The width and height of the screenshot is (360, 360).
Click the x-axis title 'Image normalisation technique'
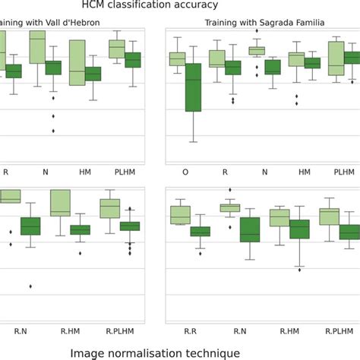pyautogui.click(x=155, y=352)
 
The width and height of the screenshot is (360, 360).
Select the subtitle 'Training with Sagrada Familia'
pyautogui.click(x=264, y=23)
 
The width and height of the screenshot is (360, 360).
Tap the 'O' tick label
pyautogui.click(x=185, y=172)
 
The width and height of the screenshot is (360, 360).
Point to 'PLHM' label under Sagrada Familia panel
pyautogui.click(x=344, y=172)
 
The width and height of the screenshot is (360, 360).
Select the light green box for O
pyautogui.click(x=177, y=58)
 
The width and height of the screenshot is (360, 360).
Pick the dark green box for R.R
pyautogui.click(x=201, y=232)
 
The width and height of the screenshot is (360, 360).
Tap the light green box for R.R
pyautogui.click(x=180, y=215)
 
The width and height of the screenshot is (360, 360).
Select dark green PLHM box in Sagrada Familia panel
pyautogui.click(x=352, y=58)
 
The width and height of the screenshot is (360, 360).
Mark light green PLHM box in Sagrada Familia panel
pyautogui.click(x=336, y=58)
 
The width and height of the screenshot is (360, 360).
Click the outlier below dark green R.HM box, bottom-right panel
pyautogui.click(x=300, y=267)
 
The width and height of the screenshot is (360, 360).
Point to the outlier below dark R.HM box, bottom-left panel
pyautogui.click(x=80, y=253)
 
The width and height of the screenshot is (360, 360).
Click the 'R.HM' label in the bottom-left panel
pyautogui.click(x=70, y=331)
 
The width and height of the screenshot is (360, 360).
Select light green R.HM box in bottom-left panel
pyautogui.click(x=60, y=203)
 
